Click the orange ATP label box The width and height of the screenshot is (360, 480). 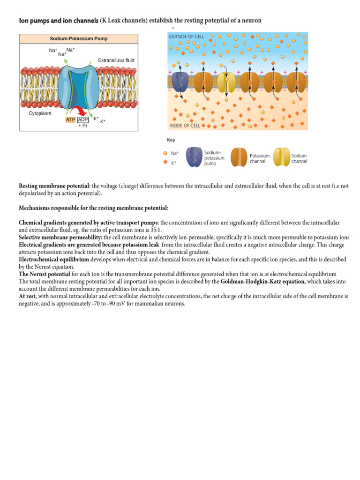pos(70,120)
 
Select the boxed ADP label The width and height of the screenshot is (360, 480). pos(82,120)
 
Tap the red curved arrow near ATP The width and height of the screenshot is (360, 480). pos(82,111)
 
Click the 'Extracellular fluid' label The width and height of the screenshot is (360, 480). pos(116,60)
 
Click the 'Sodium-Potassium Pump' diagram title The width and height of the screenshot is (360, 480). pos(78,38)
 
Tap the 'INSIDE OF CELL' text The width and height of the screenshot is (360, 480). pos(184,126)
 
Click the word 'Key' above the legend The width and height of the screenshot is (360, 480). pos(171,140)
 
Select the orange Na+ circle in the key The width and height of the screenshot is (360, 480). pos(165,153)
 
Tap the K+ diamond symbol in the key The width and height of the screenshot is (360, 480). pos(165,163)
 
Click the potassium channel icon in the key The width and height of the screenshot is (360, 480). pos(240,157)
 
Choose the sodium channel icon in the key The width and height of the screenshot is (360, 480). pos(281,157)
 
